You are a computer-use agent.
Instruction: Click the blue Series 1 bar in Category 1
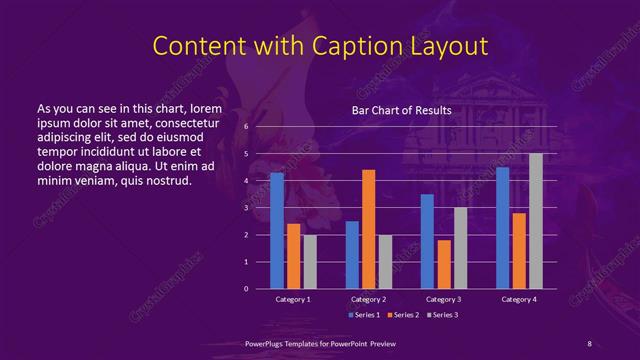pyautogui.click(x=277, y=231)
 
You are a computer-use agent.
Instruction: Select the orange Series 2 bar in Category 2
pyautogui.click(x=368, y=229)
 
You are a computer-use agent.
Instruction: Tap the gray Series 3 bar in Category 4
pyautogui.click(x=536, y=221)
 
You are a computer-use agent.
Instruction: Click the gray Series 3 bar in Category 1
pyautogui.click(x=310, y=262)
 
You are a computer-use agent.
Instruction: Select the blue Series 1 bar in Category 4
pyautogui.click(x=502, y=228)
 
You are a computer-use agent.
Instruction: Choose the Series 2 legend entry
pyautogui.click(x=404, y=315)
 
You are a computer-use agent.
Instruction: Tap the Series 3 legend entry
pyautogui.click(x=445, y=315)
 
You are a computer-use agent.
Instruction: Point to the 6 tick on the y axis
pyautogui.click(x=246, y=127)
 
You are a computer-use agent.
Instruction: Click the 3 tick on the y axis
pyautogui.click(x=246, y=208)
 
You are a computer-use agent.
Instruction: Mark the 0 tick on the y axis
pyautogui.click(x=246, y=289)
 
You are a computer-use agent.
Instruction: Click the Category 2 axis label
pyautogui.click(x=368, y=299)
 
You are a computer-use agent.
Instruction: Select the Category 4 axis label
pyautogui.click(x=519, y=299)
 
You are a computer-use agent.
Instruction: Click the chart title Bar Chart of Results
pyautogui.click(x=401, y=110)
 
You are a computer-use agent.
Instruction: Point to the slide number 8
pyautogui.click(x=588, y=343)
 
